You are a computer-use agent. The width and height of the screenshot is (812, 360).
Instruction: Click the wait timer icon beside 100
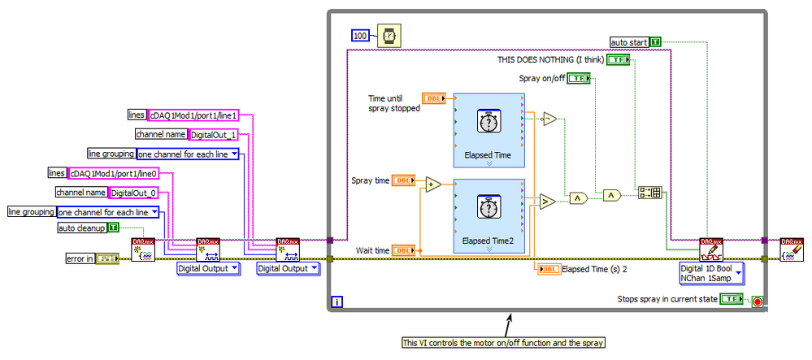389,36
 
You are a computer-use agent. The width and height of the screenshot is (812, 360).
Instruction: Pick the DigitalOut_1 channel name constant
213,135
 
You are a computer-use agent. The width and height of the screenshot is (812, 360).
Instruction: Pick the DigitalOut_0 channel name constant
133,193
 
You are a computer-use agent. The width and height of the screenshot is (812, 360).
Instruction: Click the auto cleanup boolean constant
113,228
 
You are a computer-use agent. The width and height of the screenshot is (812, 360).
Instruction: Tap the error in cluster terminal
107,258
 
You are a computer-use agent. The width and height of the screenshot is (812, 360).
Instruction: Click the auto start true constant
655,41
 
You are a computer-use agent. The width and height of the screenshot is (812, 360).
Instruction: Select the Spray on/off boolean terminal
579,78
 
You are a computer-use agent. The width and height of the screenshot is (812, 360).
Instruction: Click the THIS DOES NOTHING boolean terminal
619,60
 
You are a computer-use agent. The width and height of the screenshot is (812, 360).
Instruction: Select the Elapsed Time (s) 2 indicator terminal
549,268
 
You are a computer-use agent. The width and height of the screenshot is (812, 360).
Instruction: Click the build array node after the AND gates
651,193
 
